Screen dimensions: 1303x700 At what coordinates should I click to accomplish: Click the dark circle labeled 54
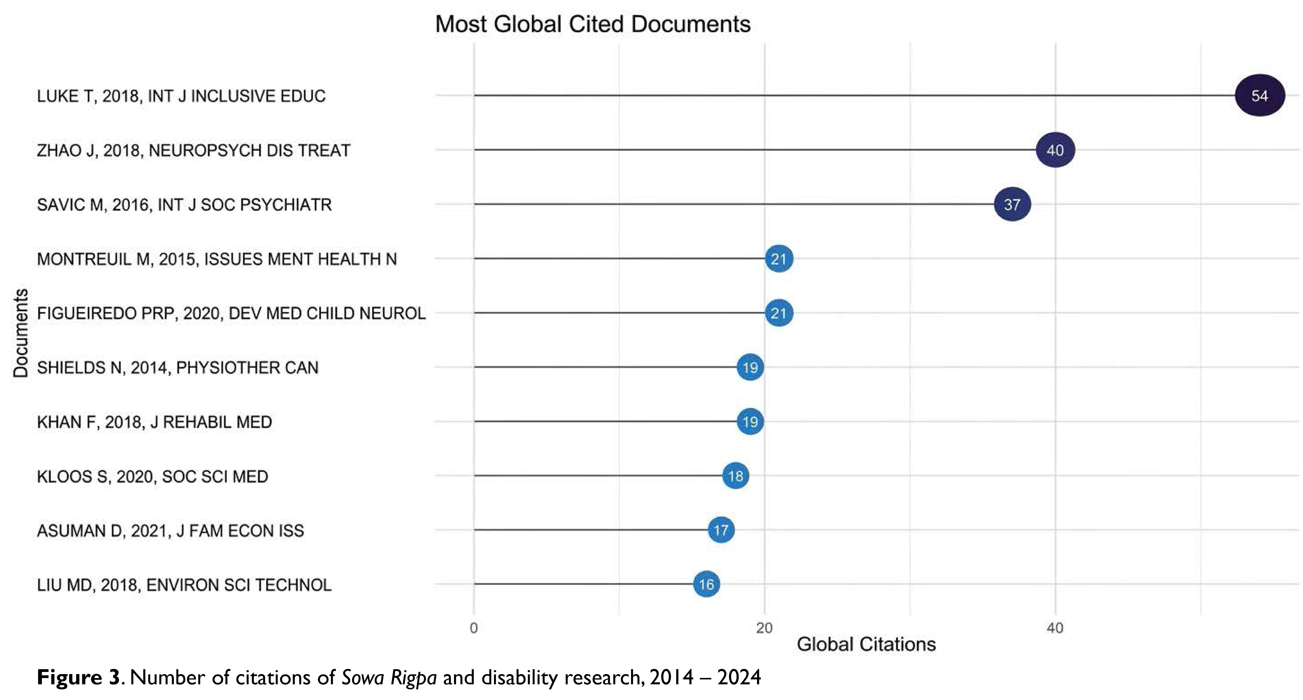(1260, 95)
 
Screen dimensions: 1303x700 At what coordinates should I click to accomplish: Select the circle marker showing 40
(1055, 150)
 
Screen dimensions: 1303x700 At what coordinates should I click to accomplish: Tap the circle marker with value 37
(1012, 204)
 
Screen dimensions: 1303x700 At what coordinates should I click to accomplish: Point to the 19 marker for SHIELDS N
(750, 367)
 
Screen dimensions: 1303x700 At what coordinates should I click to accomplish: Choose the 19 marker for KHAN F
(750, 421)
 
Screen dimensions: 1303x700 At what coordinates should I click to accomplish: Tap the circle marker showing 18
(735, 476)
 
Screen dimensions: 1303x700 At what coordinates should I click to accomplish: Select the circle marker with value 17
(721, 530)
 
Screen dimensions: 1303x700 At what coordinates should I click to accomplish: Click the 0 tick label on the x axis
(474, 628)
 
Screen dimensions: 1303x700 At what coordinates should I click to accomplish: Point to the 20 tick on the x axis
(764, 628)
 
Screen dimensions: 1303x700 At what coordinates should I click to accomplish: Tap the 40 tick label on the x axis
(1055, 628)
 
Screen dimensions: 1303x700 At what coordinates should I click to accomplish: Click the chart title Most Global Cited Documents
(593, 24)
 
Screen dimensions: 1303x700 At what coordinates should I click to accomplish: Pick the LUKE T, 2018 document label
(181, 96)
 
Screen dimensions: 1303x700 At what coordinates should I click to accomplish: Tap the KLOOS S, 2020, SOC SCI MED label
(152, 476)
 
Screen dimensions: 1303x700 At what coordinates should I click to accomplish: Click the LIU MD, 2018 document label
(184, 585)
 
